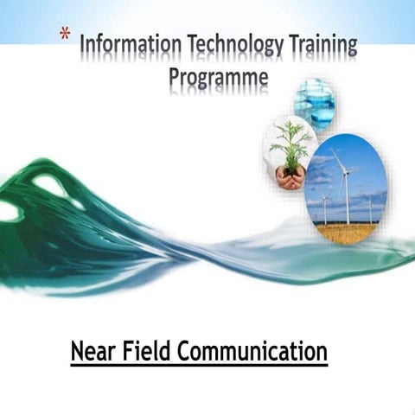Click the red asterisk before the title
click(65, 34)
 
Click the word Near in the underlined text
click(93, 353)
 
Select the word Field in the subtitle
click(148, 353)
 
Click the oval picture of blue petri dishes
click(314, 102)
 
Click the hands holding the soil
click(290, 178)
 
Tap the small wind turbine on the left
click(323, 207)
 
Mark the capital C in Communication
click(188, 353)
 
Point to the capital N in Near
click(77, 353)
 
